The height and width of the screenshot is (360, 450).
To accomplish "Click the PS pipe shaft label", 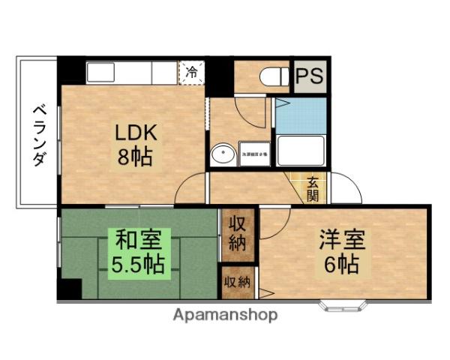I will [309, 76].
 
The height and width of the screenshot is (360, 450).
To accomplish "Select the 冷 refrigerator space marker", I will [192, 73].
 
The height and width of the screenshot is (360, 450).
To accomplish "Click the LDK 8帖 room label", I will [135, 145].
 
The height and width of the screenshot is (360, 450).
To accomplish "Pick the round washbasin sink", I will [222, 155].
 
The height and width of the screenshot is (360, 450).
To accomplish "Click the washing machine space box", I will [253, 154].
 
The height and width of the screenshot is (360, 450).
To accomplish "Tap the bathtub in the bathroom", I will [301, 151].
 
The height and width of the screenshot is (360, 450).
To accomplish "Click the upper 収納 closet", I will [238, 233].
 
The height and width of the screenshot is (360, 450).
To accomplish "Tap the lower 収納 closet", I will [238, 283].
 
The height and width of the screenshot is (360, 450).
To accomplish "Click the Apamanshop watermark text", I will [225, 314].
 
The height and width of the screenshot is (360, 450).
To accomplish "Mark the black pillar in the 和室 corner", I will [70, 289].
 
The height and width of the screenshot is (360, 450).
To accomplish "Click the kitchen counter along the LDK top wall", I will [131, 72].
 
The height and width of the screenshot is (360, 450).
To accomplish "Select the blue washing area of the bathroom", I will [301, 115].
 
